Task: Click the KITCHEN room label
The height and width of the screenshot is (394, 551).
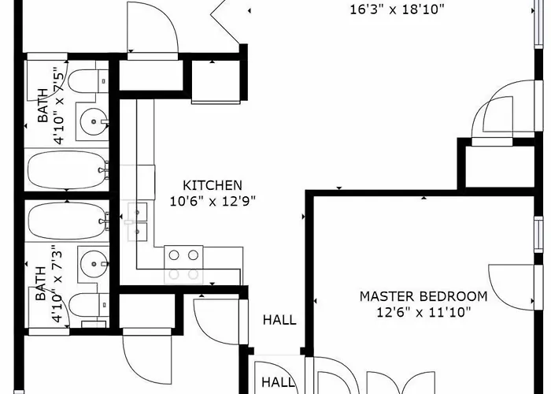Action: pos(213,185)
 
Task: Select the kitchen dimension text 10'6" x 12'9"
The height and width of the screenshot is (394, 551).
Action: pos(213,202)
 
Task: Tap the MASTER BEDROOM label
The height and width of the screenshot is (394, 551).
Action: pos(423,296)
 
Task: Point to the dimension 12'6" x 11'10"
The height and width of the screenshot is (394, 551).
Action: pos(423,312)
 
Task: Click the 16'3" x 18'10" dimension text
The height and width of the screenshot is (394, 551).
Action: pos(397,9)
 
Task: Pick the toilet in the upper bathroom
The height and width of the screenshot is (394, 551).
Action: pos(88,81)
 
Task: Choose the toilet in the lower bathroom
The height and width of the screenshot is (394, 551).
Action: pos(88,305)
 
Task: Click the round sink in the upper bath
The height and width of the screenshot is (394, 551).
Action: pos(94,121)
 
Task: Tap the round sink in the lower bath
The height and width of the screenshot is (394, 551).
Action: pos(94,264)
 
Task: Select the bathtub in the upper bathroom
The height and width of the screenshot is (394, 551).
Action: pos(68,170)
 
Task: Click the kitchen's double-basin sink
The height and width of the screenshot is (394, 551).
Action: pos(137,221)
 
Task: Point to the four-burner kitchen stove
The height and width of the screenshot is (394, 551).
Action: pos(183,265)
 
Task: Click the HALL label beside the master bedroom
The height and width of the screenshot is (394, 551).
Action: pos(279,320)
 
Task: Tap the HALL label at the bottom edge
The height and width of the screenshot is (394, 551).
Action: pos(278,382)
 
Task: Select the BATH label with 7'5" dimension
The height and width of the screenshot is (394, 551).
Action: pos(43,105)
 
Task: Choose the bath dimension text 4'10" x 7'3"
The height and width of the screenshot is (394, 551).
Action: pos(57,284)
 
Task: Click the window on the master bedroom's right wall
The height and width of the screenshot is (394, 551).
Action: pos(538,235)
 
